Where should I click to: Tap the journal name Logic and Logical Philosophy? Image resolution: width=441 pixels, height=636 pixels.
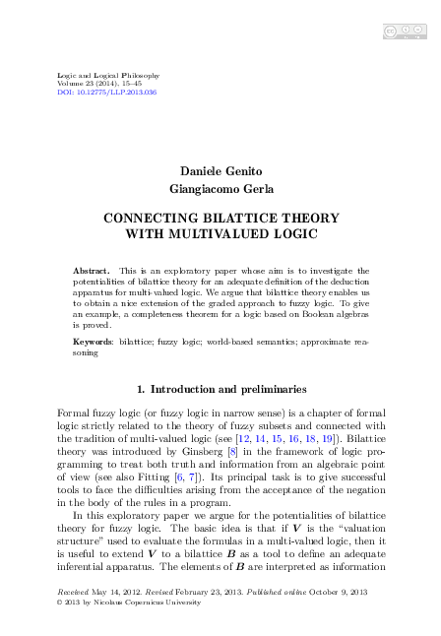[96, 76]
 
